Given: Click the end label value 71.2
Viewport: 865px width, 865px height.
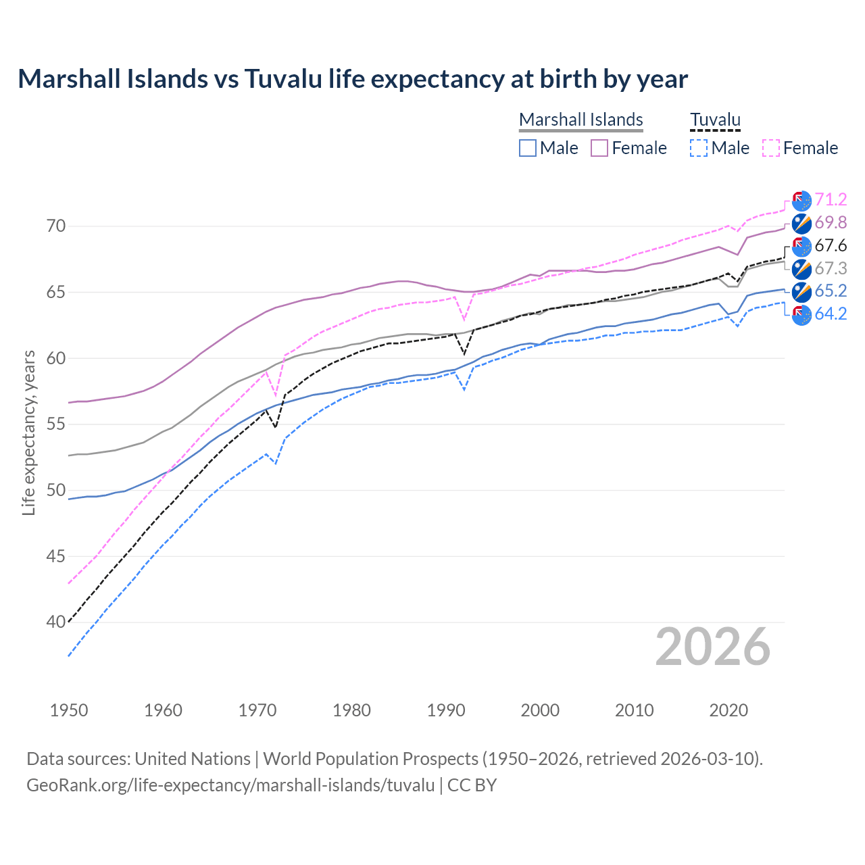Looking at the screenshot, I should point(831,199).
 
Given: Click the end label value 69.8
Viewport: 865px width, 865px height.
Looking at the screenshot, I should point(831,222).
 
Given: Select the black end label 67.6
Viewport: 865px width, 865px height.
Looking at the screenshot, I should point(831,245).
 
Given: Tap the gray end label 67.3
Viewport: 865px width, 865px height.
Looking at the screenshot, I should point(831,268).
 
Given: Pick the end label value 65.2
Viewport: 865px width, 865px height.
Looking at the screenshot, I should point(831,291).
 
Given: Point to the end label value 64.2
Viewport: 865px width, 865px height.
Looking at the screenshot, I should point(831,314).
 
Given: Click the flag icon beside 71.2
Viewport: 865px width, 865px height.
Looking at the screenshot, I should point(801,200).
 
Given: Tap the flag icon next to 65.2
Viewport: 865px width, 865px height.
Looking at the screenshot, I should point(801,291).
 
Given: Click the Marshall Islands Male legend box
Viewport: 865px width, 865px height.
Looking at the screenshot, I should point(528,148).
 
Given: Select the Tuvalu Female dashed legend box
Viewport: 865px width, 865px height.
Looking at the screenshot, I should point(771,148).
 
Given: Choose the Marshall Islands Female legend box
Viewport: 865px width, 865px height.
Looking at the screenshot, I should point(599,148).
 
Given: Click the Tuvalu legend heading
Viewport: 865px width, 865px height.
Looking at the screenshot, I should point(715,120).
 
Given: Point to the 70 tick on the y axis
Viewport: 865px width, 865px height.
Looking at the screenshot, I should point(56,226).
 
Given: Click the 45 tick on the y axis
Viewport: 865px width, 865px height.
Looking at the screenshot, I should point(56,556).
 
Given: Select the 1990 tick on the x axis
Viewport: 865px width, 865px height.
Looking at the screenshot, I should point(446,710).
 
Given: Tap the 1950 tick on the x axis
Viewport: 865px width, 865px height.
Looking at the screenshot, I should point(69,710).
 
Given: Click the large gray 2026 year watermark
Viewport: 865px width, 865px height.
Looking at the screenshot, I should point(712,647).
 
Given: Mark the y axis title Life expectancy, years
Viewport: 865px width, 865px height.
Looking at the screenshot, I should point(29,432).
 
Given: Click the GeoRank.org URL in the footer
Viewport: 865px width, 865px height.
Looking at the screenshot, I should point(230,785).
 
